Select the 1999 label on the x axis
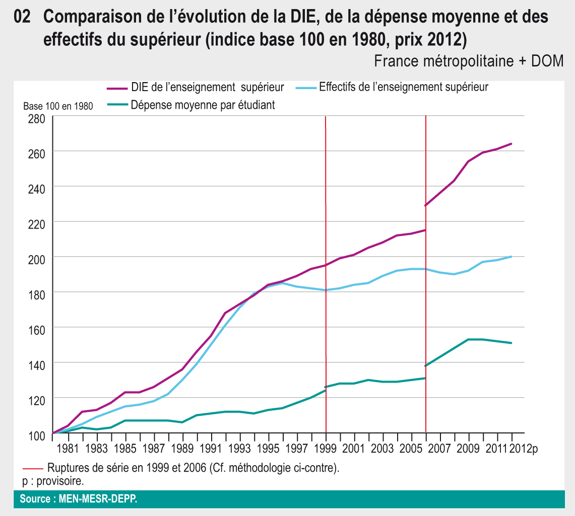coord(326,447)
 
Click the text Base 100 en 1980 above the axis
coord(58,107)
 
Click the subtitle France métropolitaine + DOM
coord(468,61)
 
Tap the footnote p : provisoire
coord(53,481)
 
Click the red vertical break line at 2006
coord(426,302)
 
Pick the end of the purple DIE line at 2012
coord(512,144)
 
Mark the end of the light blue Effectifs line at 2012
coord(512,257)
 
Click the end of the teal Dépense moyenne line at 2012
coord(512,343)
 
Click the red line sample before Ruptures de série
coord(33,468)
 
